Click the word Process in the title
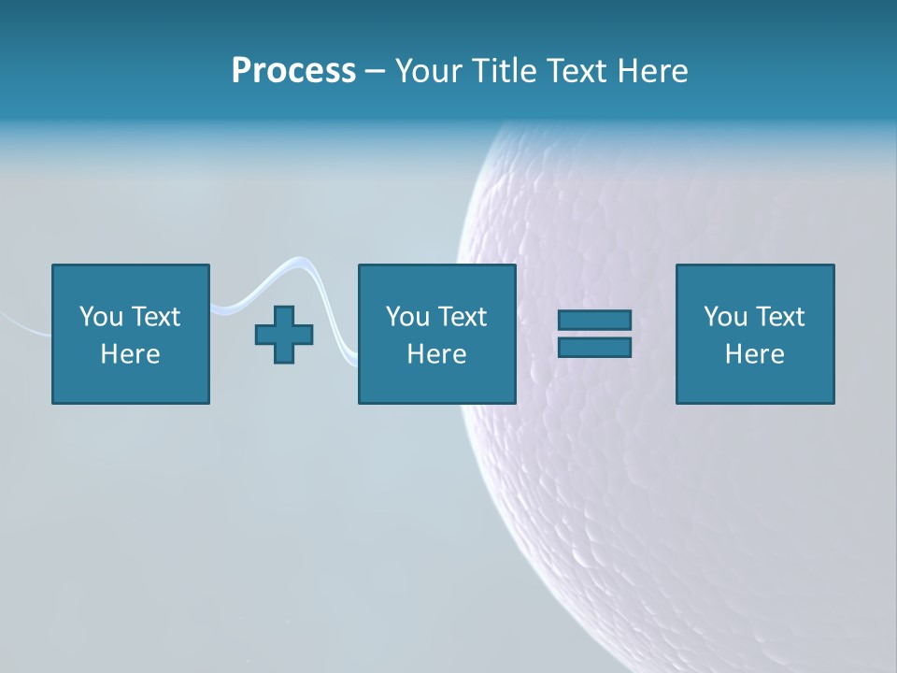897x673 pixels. pyautogui.click(x=293, y=71)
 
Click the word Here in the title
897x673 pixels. pyautogui.click(x=653, y=71)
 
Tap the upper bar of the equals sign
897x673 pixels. pyautogui.click(x=594, y=321)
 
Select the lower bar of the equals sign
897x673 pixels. pyautogui.click(x=594, y=347)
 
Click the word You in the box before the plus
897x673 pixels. pyautogui.click(x=101, y=317)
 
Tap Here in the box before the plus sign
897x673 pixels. pyautogui.click(x=130, y=354)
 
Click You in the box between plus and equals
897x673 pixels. pyautogui.click(x=407, y=317)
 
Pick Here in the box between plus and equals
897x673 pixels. pyautogui.click(x=436, y=354)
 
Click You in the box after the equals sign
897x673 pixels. pyautogui.click(x=725, y=317)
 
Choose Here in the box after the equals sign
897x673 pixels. pyautogui.click(x=754, y=354)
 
